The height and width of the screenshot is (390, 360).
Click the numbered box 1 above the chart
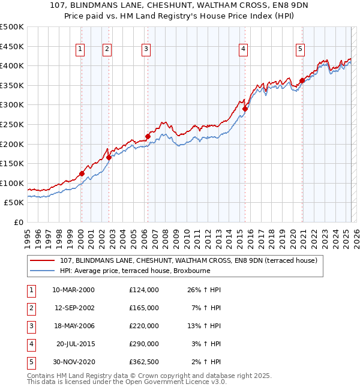coord(80,50)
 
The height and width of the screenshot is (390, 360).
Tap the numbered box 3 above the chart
coord(146,50)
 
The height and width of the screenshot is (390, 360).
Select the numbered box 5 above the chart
coord(300,50)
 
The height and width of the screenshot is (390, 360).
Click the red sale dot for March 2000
coord(82,174)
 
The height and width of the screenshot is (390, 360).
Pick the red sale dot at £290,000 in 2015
coord(245,109)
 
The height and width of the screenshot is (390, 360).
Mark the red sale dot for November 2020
coord(302,81)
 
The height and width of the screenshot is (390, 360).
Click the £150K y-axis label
coord(12,163)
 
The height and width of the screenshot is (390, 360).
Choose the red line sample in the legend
coord(43,261)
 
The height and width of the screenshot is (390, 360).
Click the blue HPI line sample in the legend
coord(43,271)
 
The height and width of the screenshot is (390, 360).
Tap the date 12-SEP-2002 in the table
coord(74,308)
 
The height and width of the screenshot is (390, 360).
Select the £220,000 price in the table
coord(144,326)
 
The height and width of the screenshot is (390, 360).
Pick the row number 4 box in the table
coord(30,344)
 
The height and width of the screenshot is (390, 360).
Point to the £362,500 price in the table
coord(144,362)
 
